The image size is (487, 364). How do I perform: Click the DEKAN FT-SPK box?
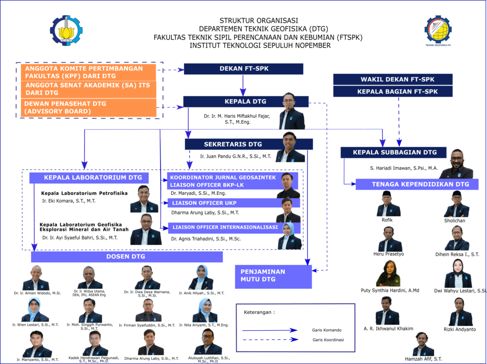pyautogui.click(x=243, y=69)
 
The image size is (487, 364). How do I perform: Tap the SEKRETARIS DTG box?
pyautogui.click(x=233, y=144)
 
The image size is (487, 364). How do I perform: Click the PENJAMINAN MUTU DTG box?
pyautogui.click(x=273, y=276)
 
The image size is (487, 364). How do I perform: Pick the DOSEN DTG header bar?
pyautogui.click(x=127, y=257)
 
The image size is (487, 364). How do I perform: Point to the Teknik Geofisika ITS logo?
pyautogui.click(x=438, y=29)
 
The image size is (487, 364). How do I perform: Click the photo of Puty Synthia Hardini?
pyautogui.click(x=388, y=274)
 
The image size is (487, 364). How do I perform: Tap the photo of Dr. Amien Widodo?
pyautogui.click(x=36, y=278)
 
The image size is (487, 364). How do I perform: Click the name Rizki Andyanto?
pyautogui.click(x=459, y=329)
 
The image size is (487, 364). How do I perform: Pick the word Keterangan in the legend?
pyautogui.click(x=260, y=312)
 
